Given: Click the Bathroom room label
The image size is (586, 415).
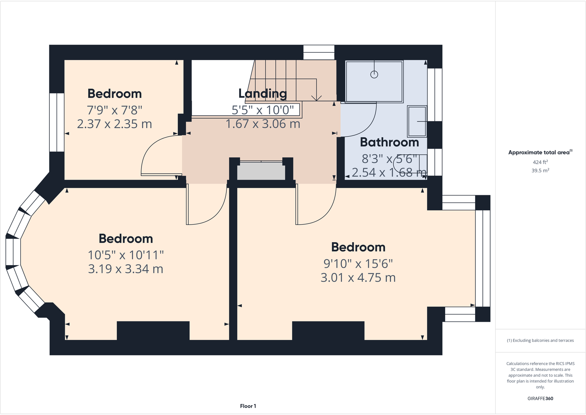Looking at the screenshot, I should tap(389, 142).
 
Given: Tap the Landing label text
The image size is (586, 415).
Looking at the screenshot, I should tap(262, 94).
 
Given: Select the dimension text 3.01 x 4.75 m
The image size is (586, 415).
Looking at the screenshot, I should tap(358, 278).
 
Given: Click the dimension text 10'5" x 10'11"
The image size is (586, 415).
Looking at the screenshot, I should tap(126, 255).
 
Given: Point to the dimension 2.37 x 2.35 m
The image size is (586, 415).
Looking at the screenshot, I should tap(114, 124).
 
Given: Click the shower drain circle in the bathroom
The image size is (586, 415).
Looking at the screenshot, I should tap(374, 75).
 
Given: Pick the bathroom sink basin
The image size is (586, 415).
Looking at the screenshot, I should tap(417, 122).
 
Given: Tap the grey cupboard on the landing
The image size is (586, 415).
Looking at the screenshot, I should tap(261, 171).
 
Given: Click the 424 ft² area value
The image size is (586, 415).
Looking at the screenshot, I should tap(540, 162).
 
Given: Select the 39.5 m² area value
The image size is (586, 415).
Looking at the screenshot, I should tap(540, 170).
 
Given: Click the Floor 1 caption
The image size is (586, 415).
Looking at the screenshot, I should tap(248, 406).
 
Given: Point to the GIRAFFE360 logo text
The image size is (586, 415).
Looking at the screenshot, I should tap(540, 398).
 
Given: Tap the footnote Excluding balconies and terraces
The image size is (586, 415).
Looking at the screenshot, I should tap(540, 341).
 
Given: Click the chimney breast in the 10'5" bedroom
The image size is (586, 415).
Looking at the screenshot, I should tap(153, 330).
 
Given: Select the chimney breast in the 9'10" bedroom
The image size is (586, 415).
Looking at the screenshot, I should tap(328, 330).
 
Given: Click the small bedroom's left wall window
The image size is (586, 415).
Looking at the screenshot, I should tap(57, 122).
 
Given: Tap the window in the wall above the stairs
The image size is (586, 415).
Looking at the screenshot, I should tap(319, 52).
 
